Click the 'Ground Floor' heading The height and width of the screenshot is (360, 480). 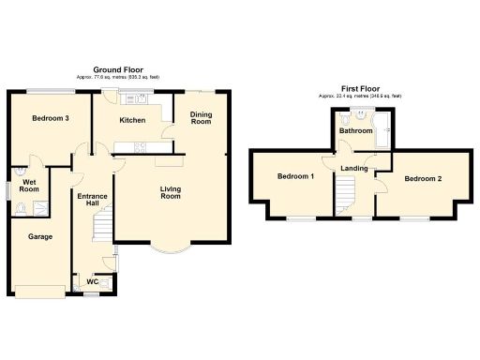tap(117, 70)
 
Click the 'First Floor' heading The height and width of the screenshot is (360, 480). tap(360, 88)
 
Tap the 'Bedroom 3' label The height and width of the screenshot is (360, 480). tap(49, 119)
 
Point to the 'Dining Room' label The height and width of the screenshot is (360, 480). tap(201, 118)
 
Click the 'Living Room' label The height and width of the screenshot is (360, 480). tap(170, 191)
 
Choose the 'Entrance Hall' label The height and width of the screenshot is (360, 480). tap(91, 199)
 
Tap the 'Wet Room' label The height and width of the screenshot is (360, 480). tap(30, 185)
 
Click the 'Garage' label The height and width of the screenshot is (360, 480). tap(38, 237)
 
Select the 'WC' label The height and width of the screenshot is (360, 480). tap(93, 281)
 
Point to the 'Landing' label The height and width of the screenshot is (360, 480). tap(354, 169)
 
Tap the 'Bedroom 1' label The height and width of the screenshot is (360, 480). tap(296, 176)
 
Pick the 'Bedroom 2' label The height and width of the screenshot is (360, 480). tap(423, 178)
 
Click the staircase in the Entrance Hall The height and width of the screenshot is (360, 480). tap(100, 226)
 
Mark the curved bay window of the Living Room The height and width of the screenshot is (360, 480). tap(170, 249)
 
